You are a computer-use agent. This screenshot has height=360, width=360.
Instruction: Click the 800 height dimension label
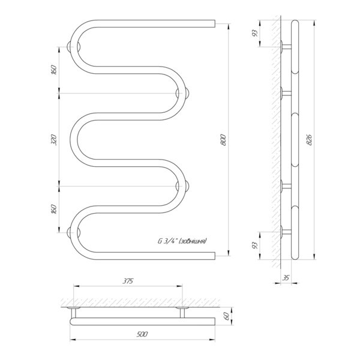pos(223,140)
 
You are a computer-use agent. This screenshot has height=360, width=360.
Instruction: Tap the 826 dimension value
pos(309,140)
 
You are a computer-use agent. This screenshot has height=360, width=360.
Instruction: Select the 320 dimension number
pos(53,140)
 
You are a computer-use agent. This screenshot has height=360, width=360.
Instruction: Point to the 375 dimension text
pos(128,281)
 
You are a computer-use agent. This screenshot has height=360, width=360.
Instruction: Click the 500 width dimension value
pos(142,334)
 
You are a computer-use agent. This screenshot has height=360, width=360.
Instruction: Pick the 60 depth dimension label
pos(227,316)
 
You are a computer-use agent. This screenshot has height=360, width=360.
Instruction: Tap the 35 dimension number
pos(286,278)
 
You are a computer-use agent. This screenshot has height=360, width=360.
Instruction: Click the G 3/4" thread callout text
pos(182,241)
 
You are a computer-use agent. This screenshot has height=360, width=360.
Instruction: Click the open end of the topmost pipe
pos(215,23)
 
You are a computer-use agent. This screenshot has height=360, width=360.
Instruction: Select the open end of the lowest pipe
pos(215,256)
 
